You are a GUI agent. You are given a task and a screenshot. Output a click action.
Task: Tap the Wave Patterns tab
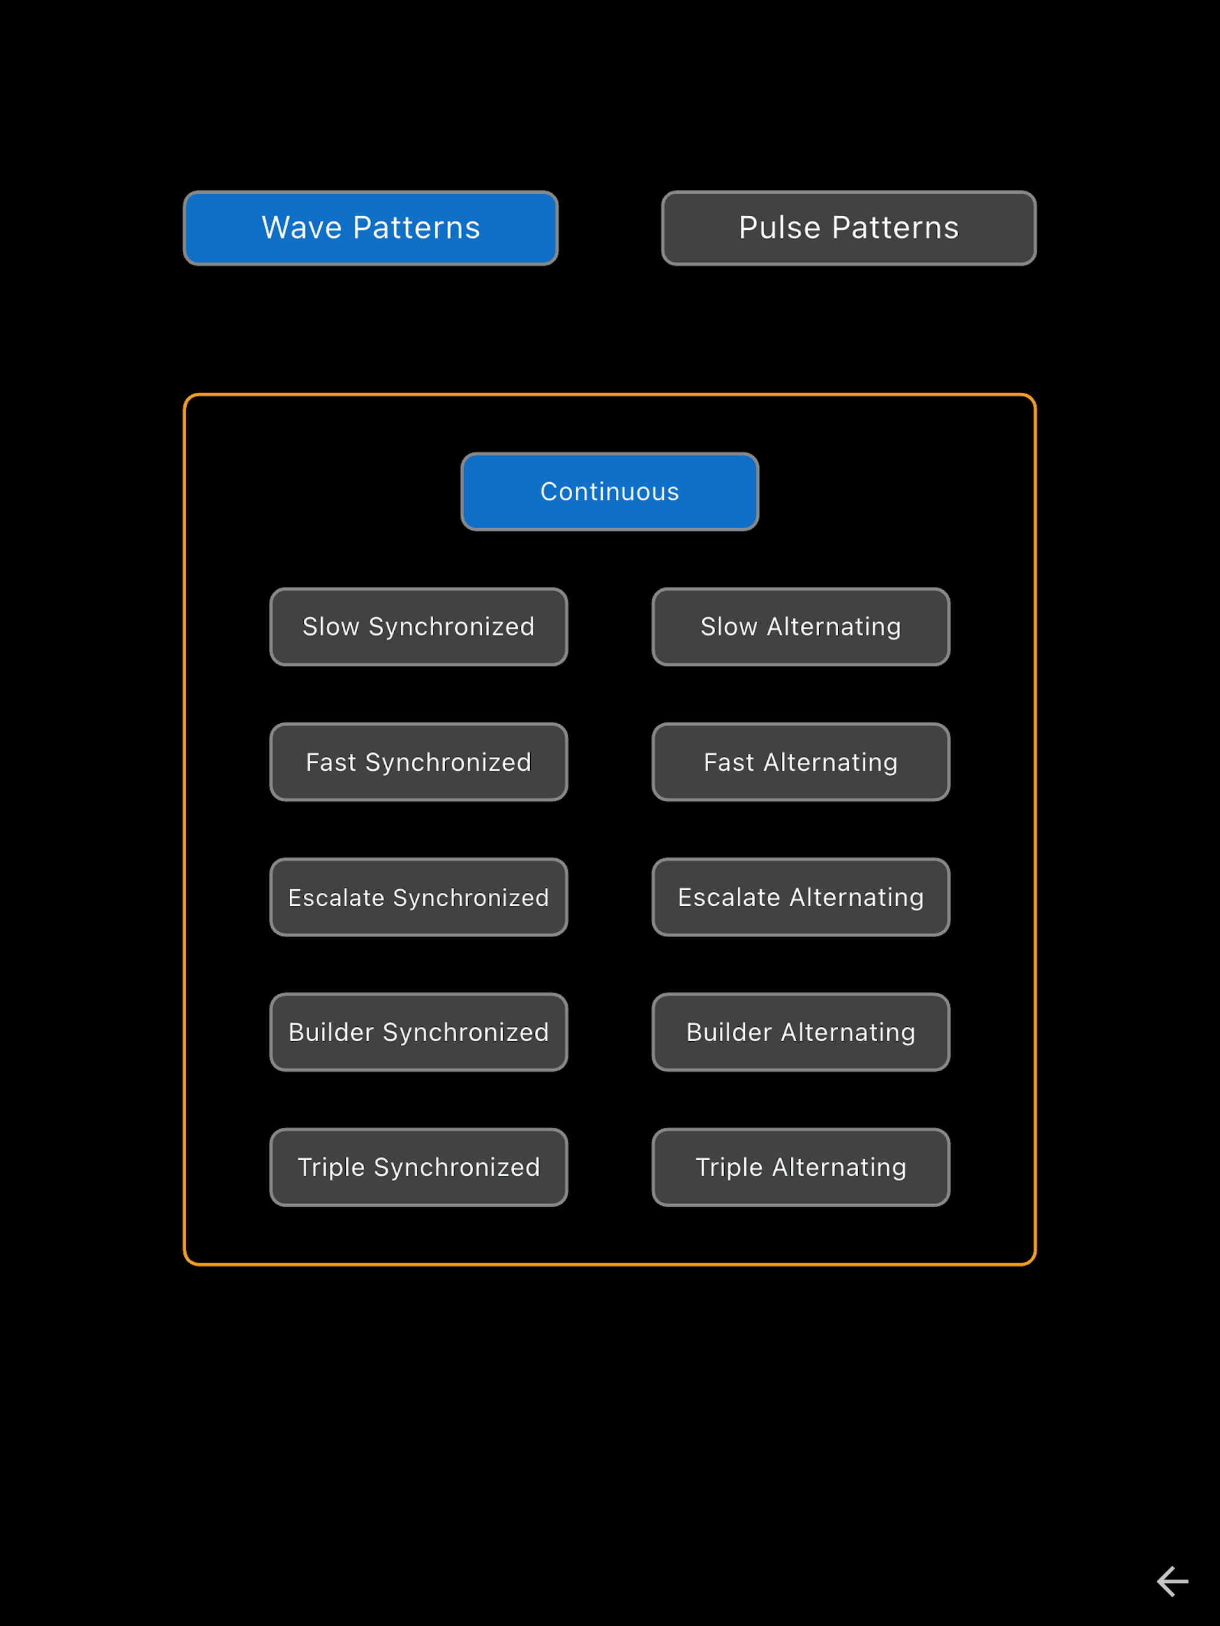371,228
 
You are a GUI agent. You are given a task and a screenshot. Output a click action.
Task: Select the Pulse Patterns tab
849,228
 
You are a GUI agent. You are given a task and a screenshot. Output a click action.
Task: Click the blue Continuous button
609,491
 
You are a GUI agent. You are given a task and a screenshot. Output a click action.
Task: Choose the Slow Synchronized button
418,627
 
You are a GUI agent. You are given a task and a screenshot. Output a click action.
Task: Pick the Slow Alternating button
801,627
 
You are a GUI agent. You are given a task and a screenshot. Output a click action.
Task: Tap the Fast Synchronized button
418,762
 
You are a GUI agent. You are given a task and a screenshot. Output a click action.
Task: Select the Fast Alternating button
801,762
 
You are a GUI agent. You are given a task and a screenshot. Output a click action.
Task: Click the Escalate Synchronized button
418,897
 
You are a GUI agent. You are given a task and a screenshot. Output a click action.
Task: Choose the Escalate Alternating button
801,897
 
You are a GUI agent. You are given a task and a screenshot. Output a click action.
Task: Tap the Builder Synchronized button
418,1033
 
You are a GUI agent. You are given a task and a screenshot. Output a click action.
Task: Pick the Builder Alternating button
801,1033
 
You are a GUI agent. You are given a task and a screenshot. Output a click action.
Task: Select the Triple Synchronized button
418,1168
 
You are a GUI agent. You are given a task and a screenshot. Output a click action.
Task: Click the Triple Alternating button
801,1168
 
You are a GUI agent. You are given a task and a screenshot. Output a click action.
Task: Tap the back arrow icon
1172,1581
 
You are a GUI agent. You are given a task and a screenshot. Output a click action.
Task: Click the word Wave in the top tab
302,228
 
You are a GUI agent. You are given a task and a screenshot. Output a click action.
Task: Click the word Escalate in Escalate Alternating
729,897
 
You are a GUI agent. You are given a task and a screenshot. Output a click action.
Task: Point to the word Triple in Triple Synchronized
331,1168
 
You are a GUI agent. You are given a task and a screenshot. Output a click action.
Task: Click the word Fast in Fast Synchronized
331,762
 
